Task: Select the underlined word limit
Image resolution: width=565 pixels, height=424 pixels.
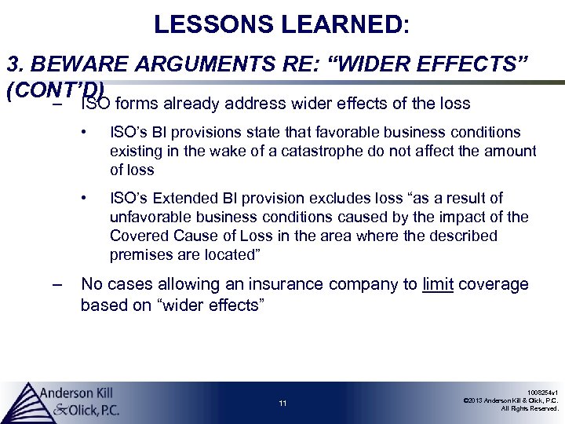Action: tap(438, 284)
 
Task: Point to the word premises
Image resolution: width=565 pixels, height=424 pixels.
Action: tap(137, 254)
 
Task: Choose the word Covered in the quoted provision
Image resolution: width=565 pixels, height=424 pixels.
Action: tap(136, 236)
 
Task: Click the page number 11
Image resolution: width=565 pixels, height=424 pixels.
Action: tap(282, 404)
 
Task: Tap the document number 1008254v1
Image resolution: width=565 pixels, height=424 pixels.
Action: tap(541, 391)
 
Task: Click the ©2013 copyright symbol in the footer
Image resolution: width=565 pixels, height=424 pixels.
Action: tap(467, 400)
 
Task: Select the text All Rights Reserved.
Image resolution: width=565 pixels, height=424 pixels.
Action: tap(530, 408)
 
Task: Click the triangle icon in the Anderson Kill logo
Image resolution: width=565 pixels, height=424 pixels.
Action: tap(24, 401)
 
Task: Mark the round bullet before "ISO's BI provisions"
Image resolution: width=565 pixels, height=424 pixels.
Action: tap(93, 132)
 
